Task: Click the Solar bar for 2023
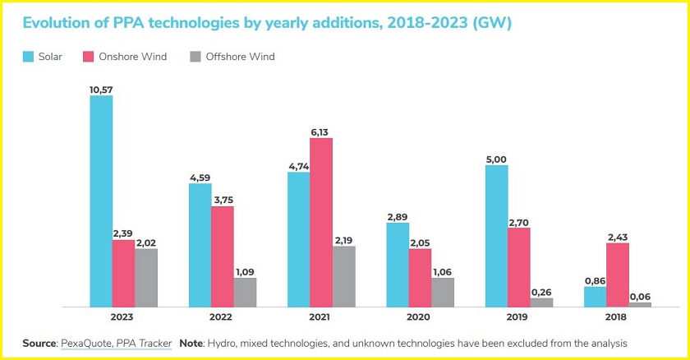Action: (x=101, y=201)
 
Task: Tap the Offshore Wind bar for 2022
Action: (x=245, y=292)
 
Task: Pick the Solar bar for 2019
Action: (x=496, y=236)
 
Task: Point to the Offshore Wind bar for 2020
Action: (x=442, y=292)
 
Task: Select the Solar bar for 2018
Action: (x=595, y=296)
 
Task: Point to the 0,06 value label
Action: (x=640, y=296)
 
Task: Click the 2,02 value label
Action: (x=146, y=242)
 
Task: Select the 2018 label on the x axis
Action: (x=617, y=317)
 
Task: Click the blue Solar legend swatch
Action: (x=28, y=57)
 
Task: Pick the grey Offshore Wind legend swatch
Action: (x=195, y=57)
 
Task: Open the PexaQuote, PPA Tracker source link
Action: (x=116, y=342)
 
